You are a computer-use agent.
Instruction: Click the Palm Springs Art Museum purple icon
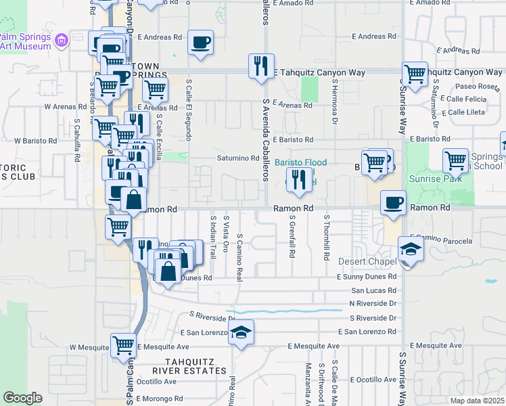tap(62, 40)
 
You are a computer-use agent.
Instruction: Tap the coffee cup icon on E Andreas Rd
tap(200, 43)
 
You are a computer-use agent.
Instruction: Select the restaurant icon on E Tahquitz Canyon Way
tap(261, 66)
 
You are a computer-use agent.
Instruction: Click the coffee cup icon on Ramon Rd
tap(392, 203)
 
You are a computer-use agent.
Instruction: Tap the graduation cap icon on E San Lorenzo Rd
tap(241, 332)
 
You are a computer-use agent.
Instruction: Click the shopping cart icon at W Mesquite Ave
tap(123, 346)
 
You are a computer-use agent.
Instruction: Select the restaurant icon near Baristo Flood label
tap(297, 179)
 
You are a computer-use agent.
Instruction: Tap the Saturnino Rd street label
tap(238, 158)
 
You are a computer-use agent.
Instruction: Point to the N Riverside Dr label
tap(373, 304)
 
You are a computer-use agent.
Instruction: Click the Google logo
tap(22, 398)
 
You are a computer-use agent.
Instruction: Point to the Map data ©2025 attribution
tap(477, 401)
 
